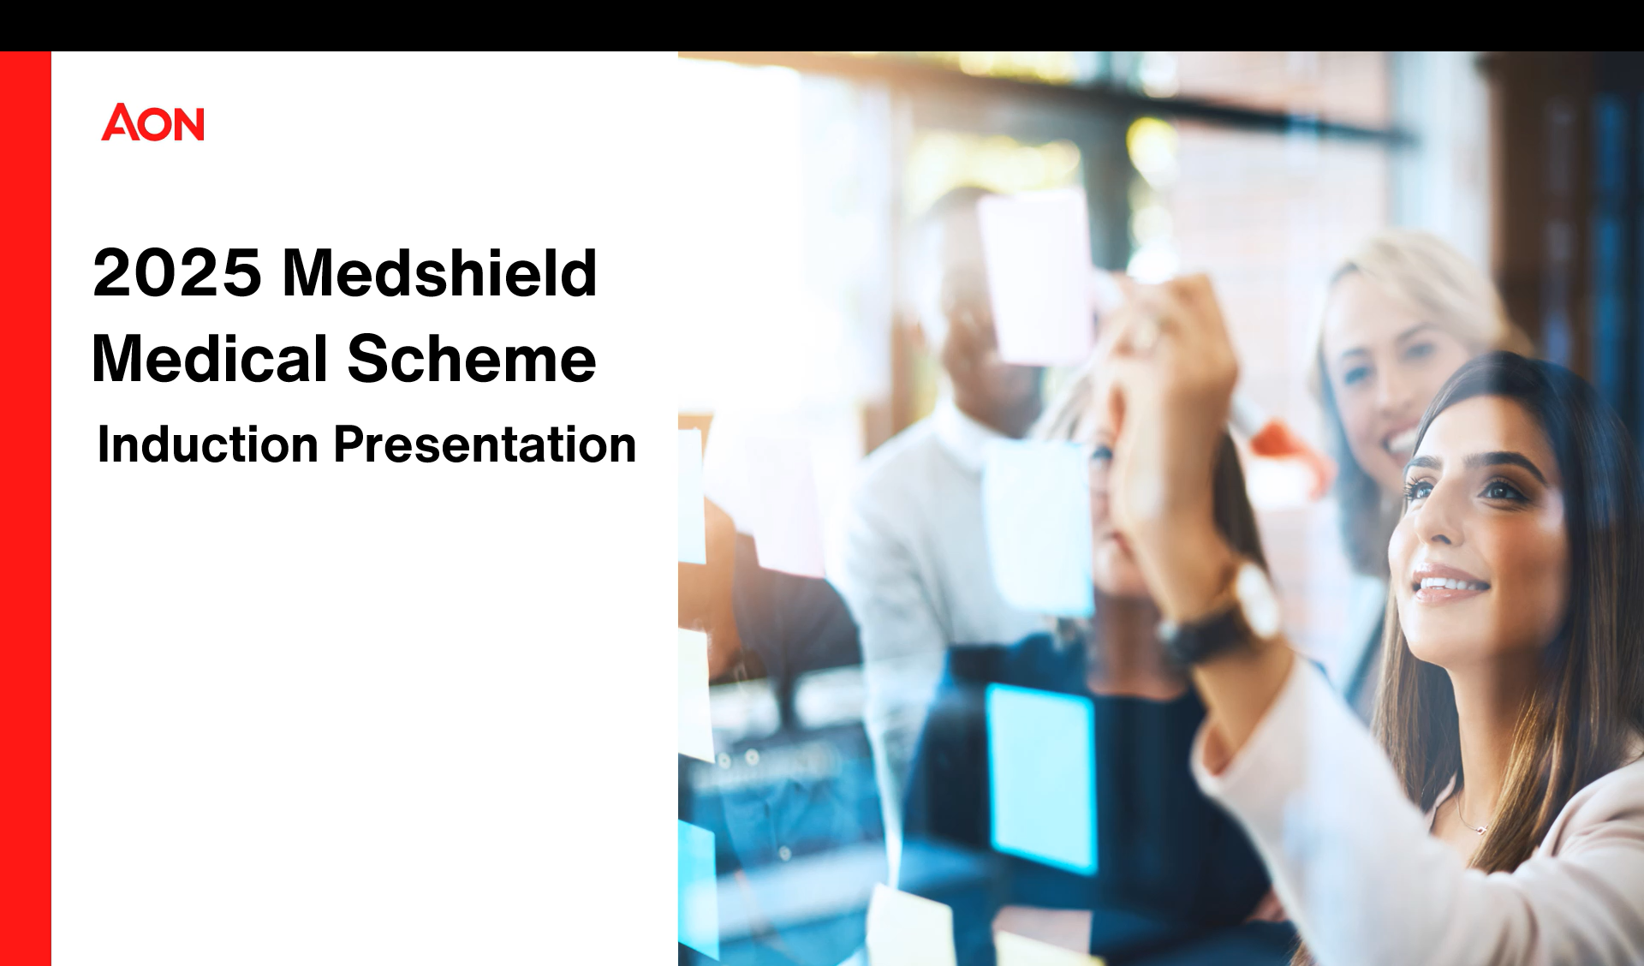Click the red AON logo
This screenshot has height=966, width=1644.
(152, 122)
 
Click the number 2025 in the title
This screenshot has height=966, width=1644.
(177, 273)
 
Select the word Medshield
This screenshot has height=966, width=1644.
(439, 272)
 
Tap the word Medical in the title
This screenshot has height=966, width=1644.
(210, 358)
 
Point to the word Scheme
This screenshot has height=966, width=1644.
(472, 358)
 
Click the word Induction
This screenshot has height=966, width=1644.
(208, 444)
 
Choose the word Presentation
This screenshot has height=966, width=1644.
(485, 444)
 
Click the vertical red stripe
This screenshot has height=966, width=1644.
(26, 509)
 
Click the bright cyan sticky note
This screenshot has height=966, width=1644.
(1040, 775)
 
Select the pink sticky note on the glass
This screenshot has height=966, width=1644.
(1036, 276)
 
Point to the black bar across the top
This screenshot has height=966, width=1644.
(822, 26)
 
